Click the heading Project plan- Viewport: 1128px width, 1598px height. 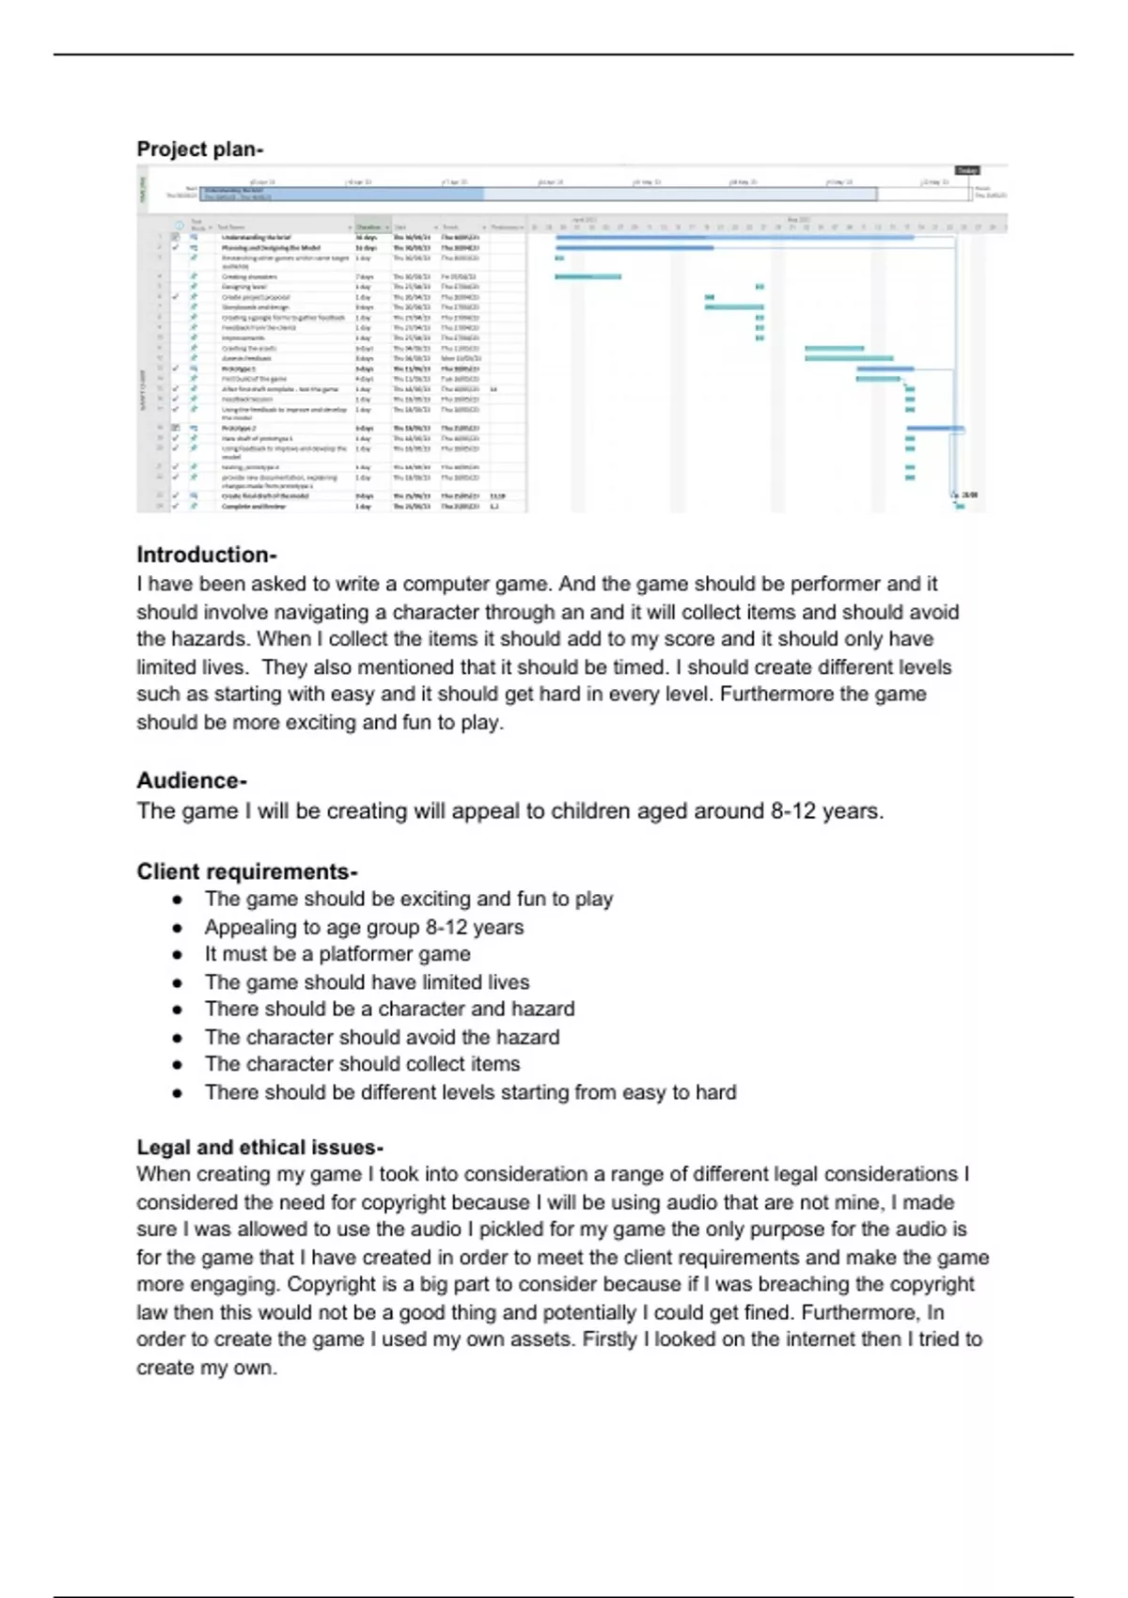click(x=199, y=149)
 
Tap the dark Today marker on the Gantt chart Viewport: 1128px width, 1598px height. click(x=967, y=170)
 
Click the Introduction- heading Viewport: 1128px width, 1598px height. click(x=206, y=555)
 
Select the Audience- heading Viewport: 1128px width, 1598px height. click(x=191, y=781)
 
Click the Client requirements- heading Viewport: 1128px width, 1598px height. click(x=246, y=872)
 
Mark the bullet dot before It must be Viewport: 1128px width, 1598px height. click(x=177, y=955)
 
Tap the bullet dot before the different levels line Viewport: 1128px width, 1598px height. click(x=177, y=1093)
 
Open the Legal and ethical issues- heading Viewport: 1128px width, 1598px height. click(x=259, y=1148)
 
